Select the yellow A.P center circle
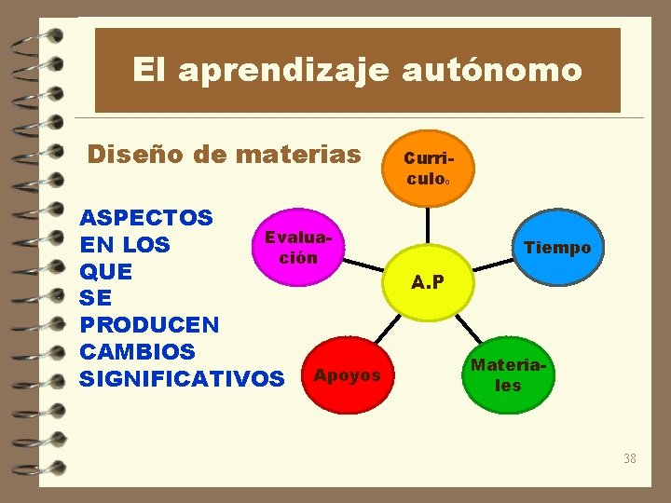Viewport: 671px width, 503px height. pyautogui.click(x=429, y=281)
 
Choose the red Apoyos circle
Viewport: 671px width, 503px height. pyautogui.click(x=348, y=376)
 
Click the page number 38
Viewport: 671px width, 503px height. pyautogui.click(x=630, y=458)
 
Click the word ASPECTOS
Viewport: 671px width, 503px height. pyautogui.click(x=146, y=218)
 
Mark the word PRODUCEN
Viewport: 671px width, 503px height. pyautogui.click(x=150, y=325)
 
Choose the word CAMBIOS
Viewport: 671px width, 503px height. pyautogui.click(x=138, y=352)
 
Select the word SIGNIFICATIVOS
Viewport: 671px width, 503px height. pyautogui.click(x=183, y=379)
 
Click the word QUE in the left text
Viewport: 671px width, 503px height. pyautogui.click(x=106, y=272)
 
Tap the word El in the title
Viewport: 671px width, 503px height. pyautogui.click(x=147, y=70)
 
